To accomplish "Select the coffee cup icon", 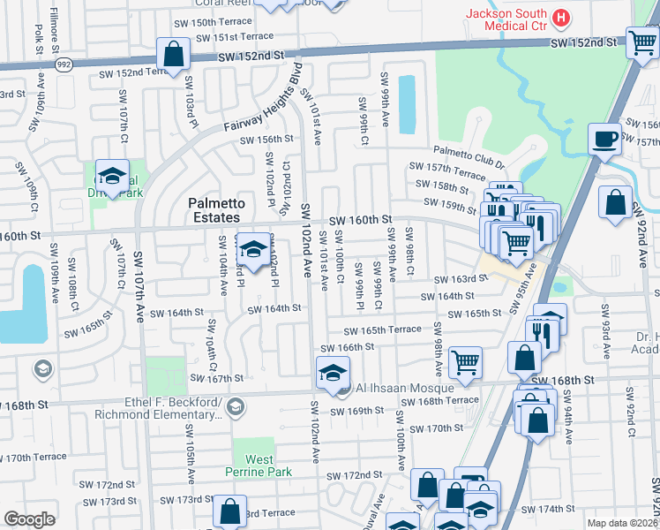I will pyautogui.click(x=605, y=139).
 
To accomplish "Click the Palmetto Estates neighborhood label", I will pyautogui.click(x=214, y=210).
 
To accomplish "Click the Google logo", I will pyautogui.click(x=29, y=519).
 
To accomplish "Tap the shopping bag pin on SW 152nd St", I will pyautogui.click(x=174, y=53).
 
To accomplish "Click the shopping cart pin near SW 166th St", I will pyautogui.click(x=464, y=361).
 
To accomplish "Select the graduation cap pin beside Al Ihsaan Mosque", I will pyautogui.click(x=333, y=373).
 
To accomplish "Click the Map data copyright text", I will pyautogui.click(x=622, y=523).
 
